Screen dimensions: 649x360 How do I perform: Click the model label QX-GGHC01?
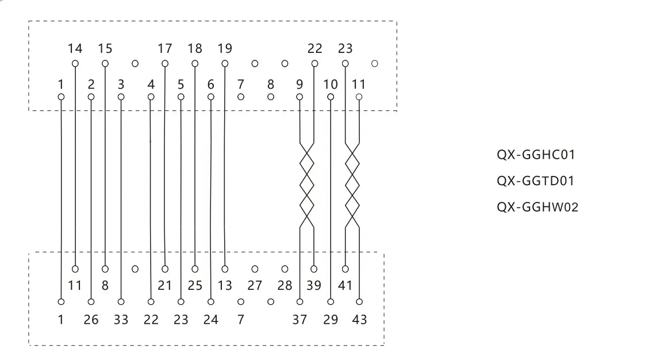pyautogui.click(x=536, y=155)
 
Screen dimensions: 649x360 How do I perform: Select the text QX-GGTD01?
pyautogui.click(x=535, y=181)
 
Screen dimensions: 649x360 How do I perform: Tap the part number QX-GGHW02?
pyautogui.click(x=537, y=206)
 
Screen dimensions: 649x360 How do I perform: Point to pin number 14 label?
pyautogui.click(x=75, y=48)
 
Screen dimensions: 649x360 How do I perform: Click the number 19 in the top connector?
pyautogui.click(x=225, y=48)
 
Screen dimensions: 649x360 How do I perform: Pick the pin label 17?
pyautogui.click(x=165, y=48)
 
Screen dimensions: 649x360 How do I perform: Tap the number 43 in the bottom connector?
pyautogui.click(x=359, y=319)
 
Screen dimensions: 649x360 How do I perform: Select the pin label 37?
pyautogui.click(x=299, y=319)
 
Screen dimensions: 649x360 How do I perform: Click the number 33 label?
pyautogui.click(x=121, y=319)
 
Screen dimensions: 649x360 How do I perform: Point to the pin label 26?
pyautogui.click(x=91, y=319)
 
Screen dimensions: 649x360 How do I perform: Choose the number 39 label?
pyautogui.click(x=314, y=285)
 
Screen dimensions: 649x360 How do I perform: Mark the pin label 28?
pyautogui.click(x=285, y=285)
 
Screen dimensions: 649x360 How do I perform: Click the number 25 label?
pyautogui.click(x=195, y=285)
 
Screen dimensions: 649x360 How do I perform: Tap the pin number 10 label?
pyautogui.click(x=331, y=85)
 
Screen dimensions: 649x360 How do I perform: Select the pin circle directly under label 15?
pyautogui.click(x=105, y=63)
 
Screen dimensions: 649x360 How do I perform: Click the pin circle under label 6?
pyautogui.click(x=210, y=97)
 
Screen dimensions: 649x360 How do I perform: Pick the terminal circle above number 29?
pyautogui.click(x=331, y=301)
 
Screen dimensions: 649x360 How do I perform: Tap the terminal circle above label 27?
pyautogui.click(x=255, y=269)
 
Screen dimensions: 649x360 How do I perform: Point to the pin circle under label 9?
pyautogui.click(x=299, y=97)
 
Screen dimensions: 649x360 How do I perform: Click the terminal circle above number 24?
pyautogui.click(x=210, y=301)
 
